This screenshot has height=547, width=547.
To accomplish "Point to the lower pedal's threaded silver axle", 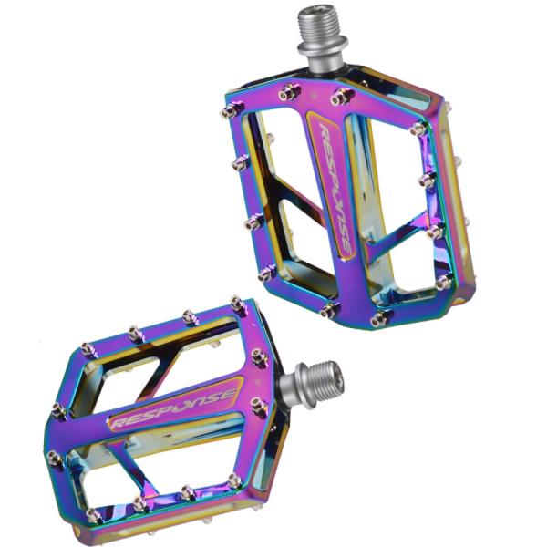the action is [x=311, y=385].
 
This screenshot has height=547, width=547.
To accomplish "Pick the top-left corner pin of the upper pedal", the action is [x=231, y=110].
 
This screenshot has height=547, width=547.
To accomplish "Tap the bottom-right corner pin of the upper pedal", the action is [x=381, y=318].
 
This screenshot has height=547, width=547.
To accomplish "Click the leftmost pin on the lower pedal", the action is [x=59, y=410].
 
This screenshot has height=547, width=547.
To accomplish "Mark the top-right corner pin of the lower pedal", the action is [x=238, y=303].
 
